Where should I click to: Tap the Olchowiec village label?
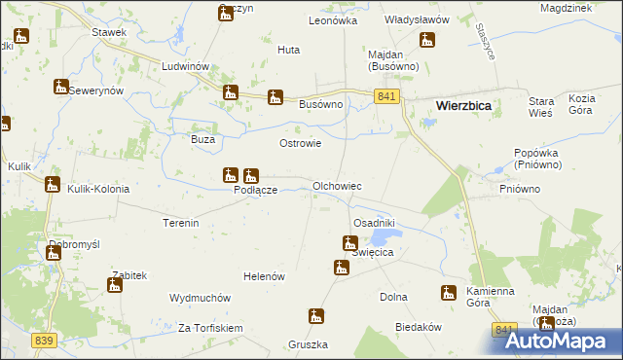coord(337,185)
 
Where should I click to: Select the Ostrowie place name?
coord(301,143)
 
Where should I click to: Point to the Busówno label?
coord(321,103)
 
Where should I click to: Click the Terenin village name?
coord(181,223)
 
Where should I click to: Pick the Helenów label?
coord(264,276)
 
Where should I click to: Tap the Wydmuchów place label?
coord(199,298)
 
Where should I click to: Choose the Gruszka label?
coord(308,344)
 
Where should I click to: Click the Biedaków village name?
coord(420,328)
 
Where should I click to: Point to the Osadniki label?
coord(373,223)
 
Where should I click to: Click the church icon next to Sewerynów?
coord(61,87)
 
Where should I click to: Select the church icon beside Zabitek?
coord(114,285)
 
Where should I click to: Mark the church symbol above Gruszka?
coord(316,316)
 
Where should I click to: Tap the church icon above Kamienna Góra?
coord(448,291)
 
